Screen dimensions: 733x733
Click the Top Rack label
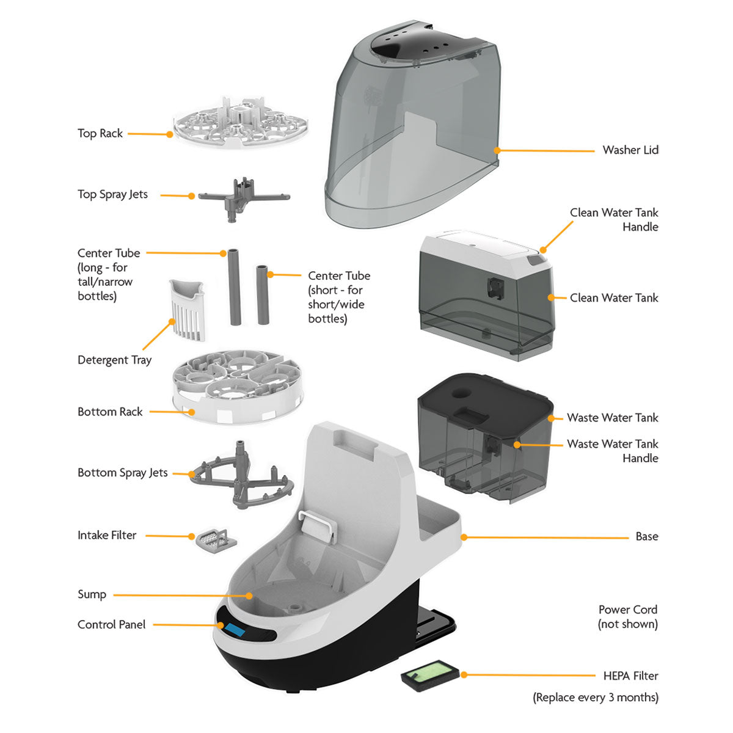pos(100,133)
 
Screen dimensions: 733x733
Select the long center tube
pos(235,287)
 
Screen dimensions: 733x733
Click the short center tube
pos(263,294)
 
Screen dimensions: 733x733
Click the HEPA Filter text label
pos(630,676)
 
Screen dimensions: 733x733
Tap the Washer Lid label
pos(630,150)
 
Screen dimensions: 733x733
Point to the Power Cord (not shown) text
pos(628,616)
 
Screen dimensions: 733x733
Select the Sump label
pos(92,594)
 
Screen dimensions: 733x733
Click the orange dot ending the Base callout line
pos(464,538)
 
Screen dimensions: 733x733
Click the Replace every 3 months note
pos(596,697)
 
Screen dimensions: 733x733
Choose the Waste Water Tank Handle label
pos(612,451)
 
